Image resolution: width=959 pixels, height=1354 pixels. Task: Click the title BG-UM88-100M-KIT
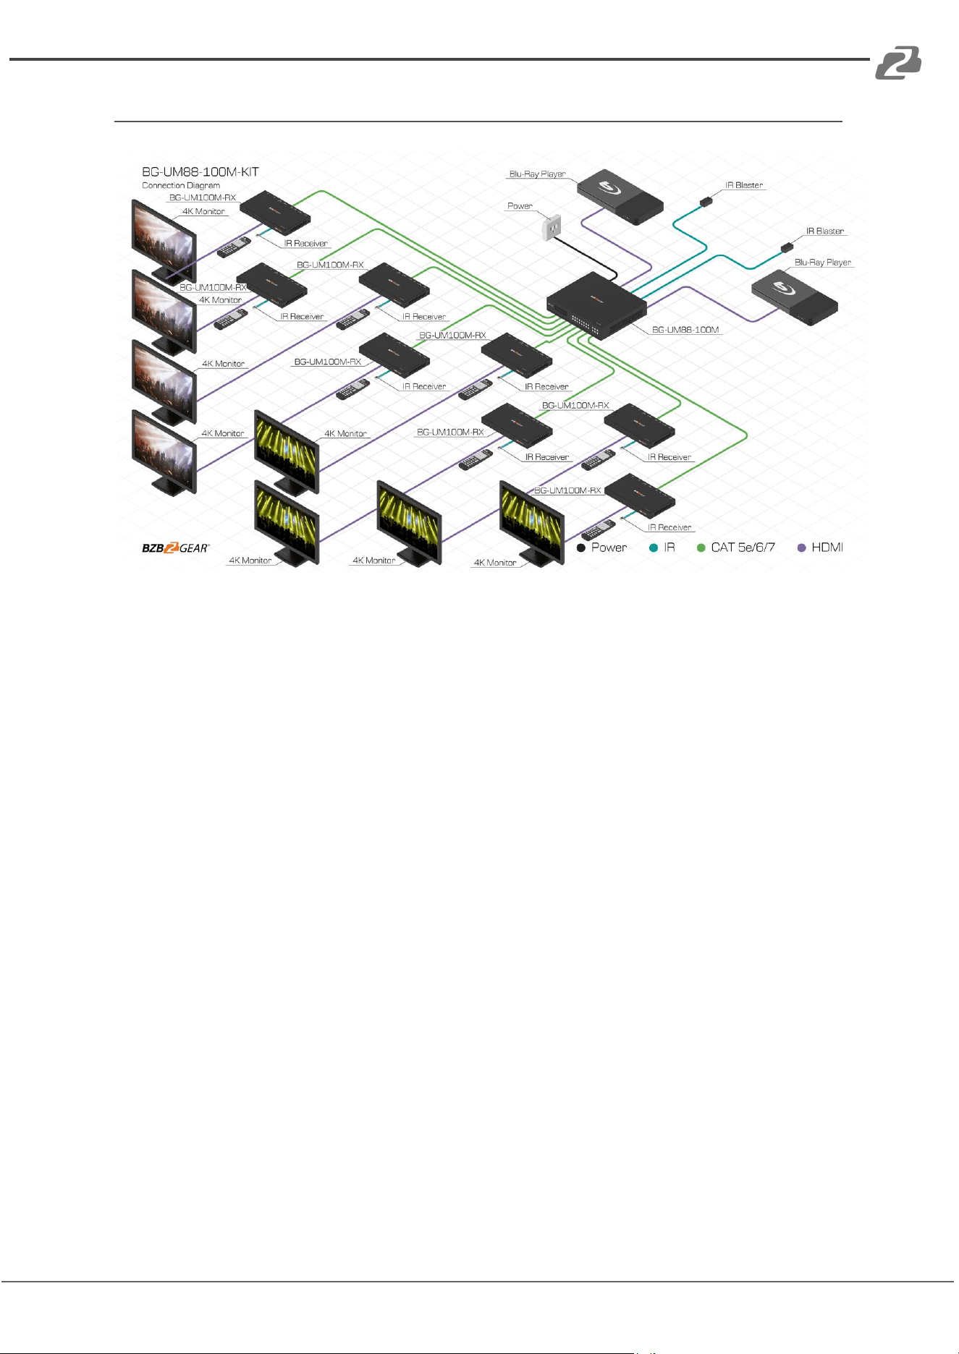coord(200,172)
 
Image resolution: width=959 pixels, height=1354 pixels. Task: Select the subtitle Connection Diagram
coord(181,185)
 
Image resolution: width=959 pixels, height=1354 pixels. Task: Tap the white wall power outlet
coord(553,227)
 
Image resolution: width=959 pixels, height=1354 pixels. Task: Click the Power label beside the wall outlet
coord(520,206)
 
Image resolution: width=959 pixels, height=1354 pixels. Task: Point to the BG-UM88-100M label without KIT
coord(685,330)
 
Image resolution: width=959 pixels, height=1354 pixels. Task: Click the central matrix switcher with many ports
coord(596,305)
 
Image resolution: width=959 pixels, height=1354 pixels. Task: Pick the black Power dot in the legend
coord(580,548)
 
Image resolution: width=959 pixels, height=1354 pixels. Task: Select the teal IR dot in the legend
coord(654,548)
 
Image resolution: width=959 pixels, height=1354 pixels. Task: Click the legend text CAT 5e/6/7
coord(743,548)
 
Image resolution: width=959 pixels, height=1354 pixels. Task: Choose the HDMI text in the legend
coord(827,548)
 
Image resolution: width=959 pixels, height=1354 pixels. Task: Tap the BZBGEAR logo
coord(175,548)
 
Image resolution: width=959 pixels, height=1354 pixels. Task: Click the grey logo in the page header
coord(898,62)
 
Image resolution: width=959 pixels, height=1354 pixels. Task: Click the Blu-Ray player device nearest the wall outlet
coord(620,197)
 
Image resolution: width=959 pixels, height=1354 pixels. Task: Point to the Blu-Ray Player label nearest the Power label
coord(537,174)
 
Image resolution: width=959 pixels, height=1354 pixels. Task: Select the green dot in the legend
coord(701,548)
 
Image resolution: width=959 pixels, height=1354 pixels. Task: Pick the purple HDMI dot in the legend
coord(801,548)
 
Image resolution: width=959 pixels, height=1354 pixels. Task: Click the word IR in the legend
coord(669,548)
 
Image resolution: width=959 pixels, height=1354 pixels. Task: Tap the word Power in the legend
coord(609,548)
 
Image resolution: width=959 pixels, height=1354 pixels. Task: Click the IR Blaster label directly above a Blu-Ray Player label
coord(825,231)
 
